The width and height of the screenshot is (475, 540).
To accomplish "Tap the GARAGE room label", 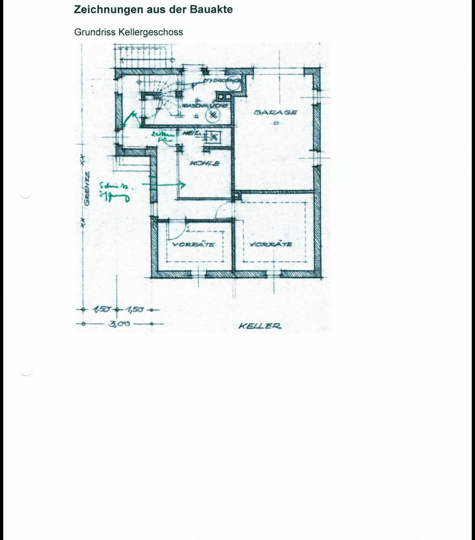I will [x=275, y=112].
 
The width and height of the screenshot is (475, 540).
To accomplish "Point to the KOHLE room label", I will [x=204, y=163].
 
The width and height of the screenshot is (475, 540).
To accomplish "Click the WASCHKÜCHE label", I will [x=205, y=106].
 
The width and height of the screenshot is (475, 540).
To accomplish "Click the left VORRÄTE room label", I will [x=193, y=244].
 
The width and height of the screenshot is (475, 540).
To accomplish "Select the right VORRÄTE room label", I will [x=270, y=244].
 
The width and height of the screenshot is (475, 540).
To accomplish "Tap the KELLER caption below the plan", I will [x=260, y=326].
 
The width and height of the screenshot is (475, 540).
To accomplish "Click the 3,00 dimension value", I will [x=119, y=324].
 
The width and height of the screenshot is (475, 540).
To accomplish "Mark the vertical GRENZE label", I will [x=87, y=189].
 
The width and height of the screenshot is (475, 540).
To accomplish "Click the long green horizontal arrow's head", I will [x=183, y=185].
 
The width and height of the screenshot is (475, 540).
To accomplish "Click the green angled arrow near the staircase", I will [x=132, y=118].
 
